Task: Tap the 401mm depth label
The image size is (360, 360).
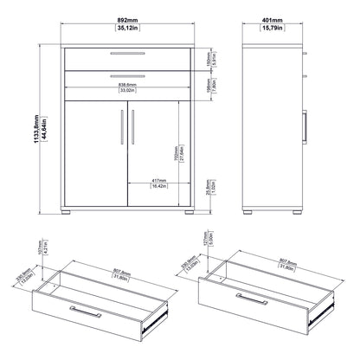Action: (x=274, y=17)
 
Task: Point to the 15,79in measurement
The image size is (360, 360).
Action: (x=274, y=26)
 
